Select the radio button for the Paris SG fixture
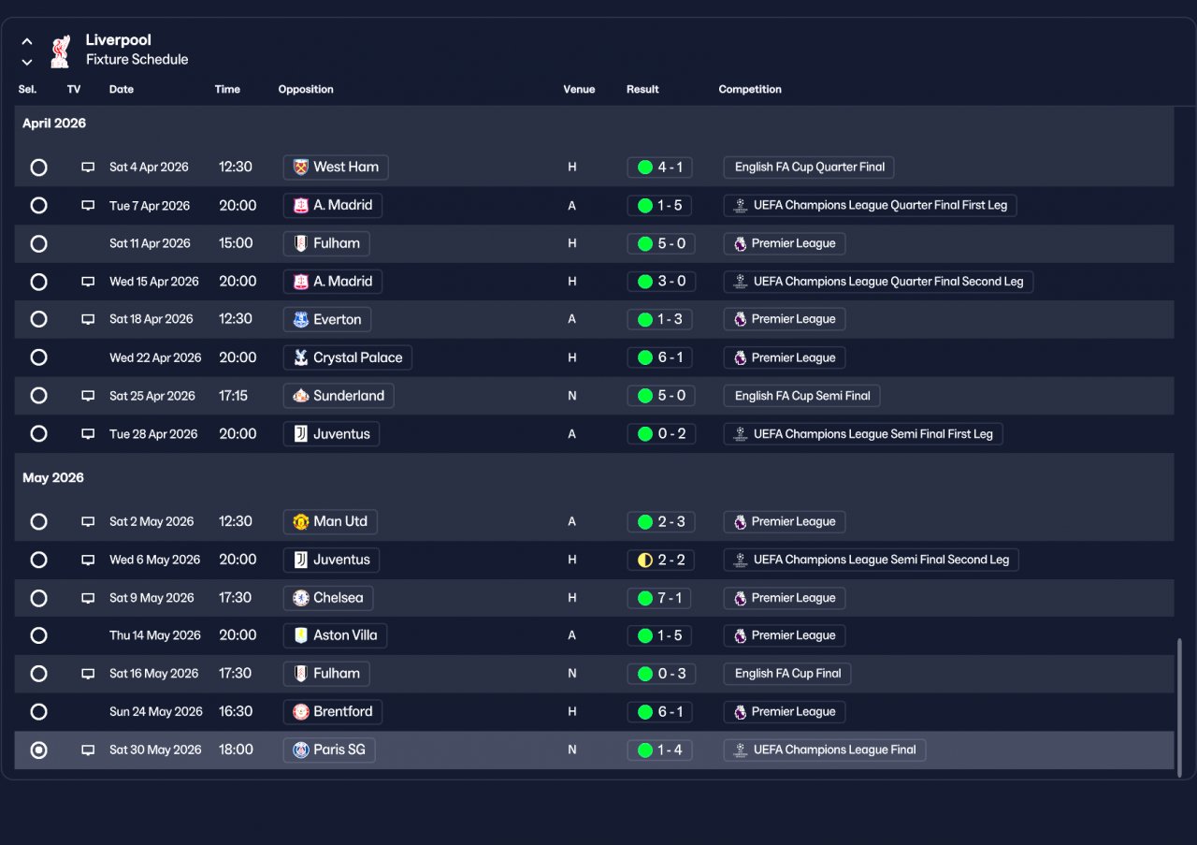point(38,750)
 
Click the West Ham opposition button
point(336,168)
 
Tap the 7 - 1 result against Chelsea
point(660,598)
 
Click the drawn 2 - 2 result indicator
point(660,560)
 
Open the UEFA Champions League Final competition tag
point(824,750)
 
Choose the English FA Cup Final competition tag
point(787,674)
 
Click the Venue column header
point(579,90)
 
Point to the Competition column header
point(749,90)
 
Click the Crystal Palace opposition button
point(347,357)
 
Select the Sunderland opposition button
point(339,396)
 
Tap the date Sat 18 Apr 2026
point(151,319)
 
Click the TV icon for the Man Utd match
point(88,521)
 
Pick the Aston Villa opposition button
point(335,635)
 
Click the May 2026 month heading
point(53,478)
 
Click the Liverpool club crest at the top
point(61,51)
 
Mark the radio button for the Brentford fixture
point(38,712)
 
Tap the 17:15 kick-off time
point(234,396)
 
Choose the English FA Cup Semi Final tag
point(801,396)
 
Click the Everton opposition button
point(327,319)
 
